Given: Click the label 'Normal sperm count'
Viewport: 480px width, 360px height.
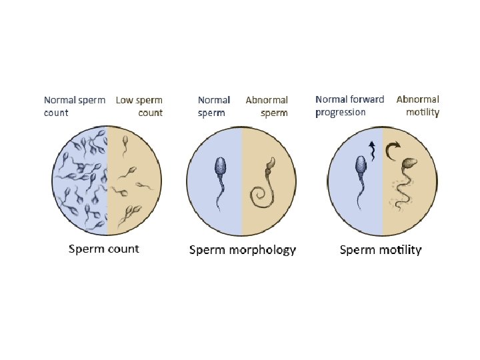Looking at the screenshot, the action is click(x=74, y=106).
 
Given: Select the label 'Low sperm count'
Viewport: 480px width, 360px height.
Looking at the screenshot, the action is click(x=139, y=106).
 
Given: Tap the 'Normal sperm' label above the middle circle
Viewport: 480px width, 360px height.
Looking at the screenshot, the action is click(x=213, y=106).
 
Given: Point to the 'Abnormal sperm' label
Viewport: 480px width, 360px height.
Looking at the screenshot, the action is click(x=267, y=106).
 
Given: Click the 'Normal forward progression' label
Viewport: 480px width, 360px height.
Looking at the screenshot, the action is click(x=349, y=105).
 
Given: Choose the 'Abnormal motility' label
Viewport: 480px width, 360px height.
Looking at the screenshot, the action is click(x=418, y=105).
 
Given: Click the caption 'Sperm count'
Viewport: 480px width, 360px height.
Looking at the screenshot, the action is click(x=104, y=249).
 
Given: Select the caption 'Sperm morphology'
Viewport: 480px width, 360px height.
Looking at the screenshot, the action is click(x=243, y=250).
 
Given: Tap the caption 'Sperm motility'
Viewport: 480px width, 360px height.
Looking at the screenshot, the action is click(x=381, y=250).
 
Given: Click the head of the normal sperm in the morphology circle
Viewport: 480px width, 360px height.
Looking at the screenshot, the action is click(x=222, y=166).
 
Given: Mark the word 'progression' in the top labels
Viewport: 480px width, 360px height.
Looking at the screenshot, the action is click(x=340, y=112).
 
